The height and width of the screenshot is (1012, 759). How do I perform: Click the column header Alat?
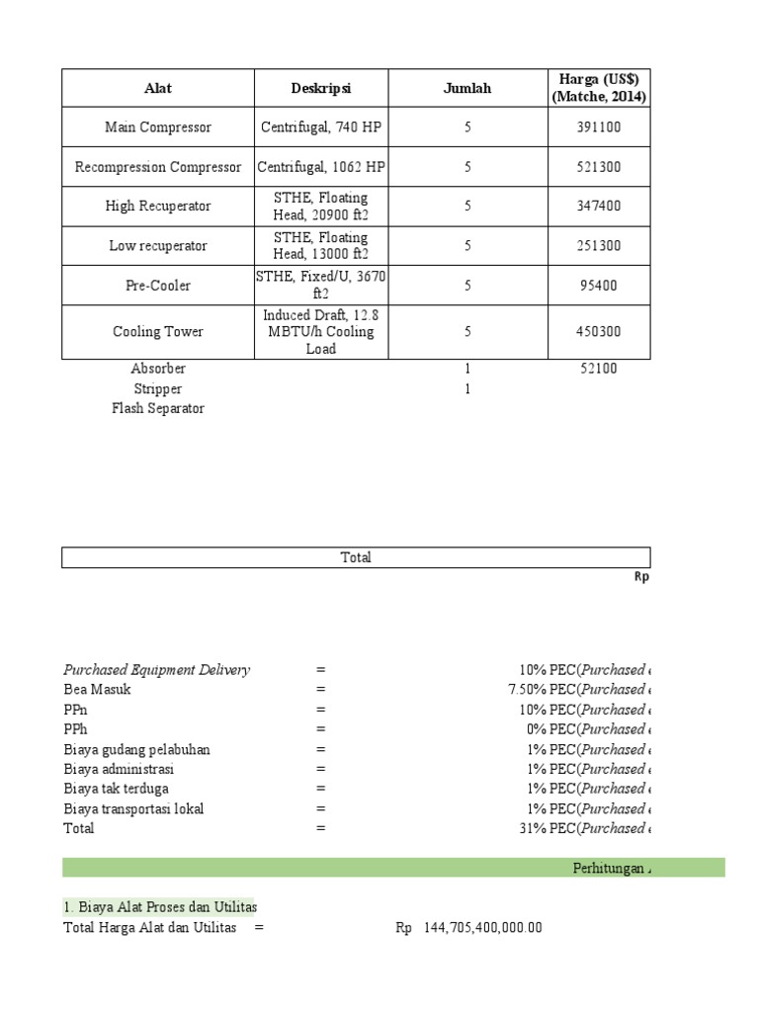157,88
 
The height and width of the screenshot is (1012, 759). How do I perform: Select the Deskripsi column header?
320,88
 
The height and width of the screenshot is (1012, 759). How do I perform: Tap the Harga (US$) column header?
598,88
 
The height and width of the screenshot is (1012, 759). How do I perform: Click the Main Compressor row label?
157,127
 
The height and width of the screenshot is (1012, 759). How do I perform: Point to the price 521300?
598,167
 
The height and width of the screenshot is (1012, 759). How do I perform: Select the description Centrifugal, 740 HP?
320,127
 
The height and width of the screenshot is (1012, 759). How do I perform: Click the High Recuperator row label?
157,207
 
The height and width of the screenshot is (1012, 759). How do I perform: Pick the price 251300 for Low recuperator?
598,246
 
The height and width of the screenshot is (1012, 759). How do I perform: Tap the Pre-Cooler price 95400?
598,286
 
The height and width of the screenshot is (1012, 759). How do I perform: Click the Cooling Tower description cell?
320,332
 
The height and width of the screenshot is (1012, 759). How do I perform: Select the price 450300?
598,332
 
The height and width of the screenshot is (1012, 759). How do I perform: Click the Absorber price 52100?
598,369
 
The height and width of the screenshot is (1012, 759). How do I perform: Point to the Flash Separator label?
157,408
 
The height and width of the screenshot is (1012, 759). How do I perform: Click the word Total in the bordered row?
356,557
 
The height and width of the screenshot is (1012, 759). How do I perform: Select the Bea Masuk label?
98,690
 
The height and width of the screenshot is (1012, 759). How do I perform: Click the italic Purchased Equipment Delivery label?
156,670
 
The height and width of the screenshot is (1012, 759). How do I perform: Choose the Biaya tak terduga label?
116,789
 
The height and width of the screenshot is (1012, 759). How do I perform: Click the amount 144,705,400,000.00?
482,927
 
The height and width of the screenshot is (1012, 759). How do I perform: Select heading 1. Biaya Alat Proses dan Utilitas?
159,907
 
